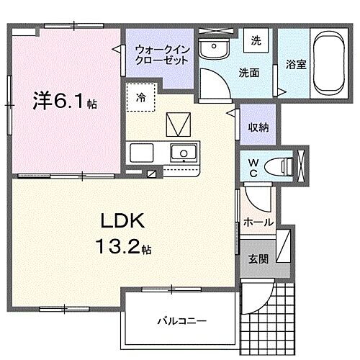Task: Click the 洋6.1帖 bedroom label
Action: click(x=63, y=102)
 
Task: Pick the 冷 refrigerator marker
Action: click(x=141, y=98)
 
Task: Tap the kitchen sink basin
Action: click(x=183, y=153)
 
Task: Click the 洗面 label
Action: click(x=249, y=72)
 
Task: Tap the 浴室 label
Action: click(x=295, y=64)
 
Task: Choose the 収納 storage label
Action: click(x=258, y=127)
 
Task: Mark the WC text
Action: click(x=253, y=167)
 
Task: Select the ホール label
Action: click(x=258, y=222)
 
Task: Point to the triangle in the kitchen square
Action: click(x=176, y=125)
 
